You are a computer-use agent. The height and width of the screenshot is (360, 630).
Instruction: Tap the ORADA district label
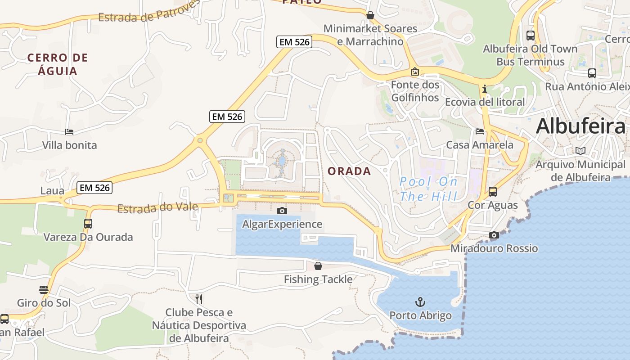pos(349,171)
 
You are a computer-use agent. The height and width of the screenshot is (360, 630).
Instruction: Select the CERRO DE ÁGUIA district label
pos(58,64)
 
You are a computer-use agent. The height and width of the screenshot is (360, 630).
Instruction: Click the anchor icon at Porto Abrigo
pos(420,301)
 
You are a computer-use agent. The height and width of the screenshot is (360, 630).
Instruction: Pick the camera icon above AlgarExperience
pos(282,211)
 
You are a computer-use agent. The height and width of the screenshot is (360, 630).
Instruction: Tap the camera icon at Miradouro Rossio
pos(494,235)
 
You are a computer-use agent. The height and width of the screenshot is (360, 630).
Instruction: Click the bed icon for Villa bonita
pos(69,132)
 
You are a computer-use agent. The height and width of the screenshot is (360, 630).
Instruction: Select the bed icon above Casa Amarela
pos(480,131)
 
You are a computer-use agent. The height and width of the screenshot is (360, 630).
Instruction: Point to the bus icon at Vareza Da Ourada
pos(88,223)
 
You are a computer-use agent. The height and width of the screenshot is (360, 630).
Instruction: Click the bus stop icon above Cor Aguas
pos(493,192)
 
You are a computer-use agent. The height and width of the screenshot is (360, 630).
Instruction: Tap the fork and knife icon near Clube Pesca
pos(199,299)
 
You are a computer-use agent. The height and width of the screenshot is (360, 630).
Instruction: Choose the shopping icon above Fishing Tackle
pos(318,266)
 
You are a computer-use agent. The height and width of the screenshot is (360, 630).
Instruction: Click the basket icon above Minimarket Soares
pos(370,15)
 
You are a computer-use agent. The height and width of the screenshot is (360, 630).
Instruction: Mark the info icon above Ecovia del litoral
pos(485,89)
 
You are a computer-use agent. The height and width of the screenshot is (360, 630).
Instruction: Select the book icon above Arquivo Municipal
pos(580,151)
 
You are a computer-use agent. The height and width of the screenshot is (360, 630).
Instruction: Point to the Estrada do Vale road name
pos(157,207)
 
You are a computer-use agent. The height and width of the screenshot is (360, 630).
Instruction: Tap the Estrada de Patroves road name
pos(148,13)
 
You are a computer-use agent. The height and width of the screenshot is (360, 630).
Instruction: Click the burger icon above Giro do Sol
pos(44,289)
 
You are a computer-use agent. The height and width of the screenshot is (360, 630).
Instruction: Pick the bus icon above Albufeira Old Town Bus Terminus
pos(531,35)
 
